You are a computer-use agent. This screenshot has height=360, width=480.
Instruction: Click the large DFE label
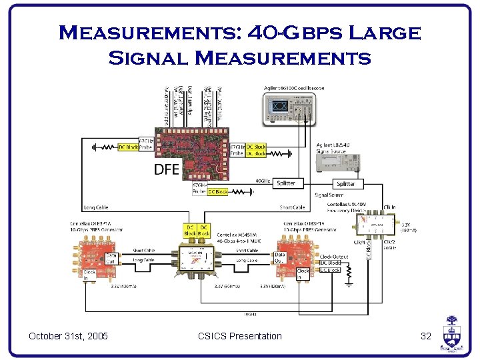point(167,169)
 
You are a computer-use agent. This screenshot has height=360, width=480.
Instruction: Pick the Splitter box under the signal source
point(346,183)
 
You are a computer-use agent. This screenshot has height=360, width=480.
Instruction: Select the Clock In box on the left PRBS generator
point(89,276)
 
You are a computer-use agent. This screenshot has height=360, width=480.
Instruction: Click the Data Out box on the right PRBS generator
point(280,258)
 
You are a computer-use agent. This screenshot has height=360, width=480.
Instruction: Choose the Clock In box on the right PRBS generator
point(303,274)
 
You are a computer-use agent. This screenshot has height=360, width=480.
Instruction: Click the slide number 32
point(427,336)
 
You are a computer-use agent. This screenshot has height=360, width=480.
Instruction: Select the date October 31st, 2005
point(69,336)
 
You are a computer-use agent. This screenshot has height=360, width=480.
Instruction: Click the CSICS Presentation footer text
point(240,336)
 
